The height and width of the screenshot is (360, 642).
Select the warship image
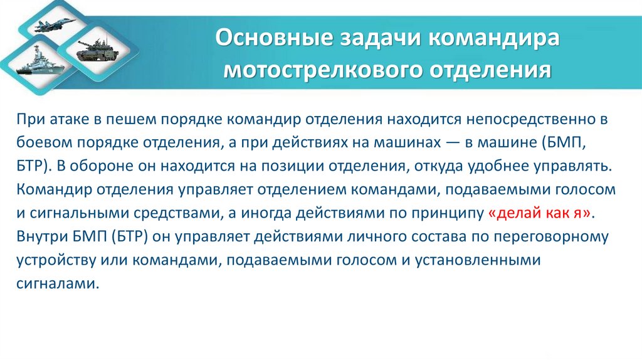pos(31,65)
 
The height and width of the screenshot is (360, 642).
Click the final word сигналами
pos(57,283)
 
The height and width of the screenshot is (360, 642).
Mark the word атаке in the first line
pos(67,119)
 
